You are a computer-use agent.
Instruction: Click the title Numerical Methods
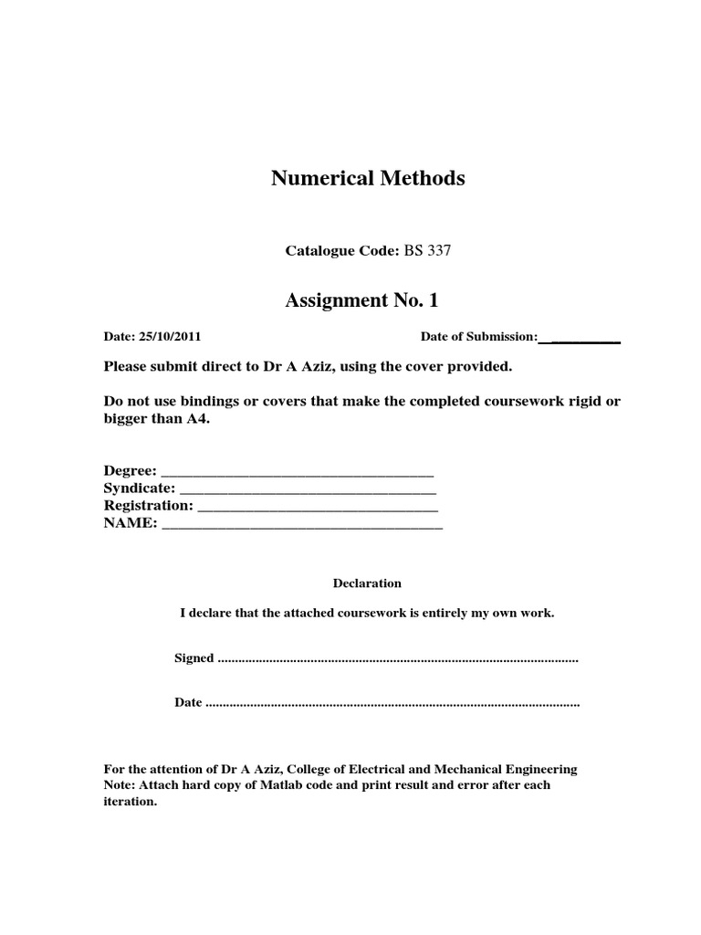tap(368, 179)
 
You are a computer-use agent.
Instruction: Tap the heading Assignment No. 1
tap(368, 299)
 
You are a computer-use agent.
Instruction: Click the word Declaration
tap(367, 583)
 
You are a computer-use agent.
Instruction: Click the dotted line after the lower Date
tap(393, 704)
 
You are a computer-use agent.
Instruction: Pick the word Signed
tap(194, 658)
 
